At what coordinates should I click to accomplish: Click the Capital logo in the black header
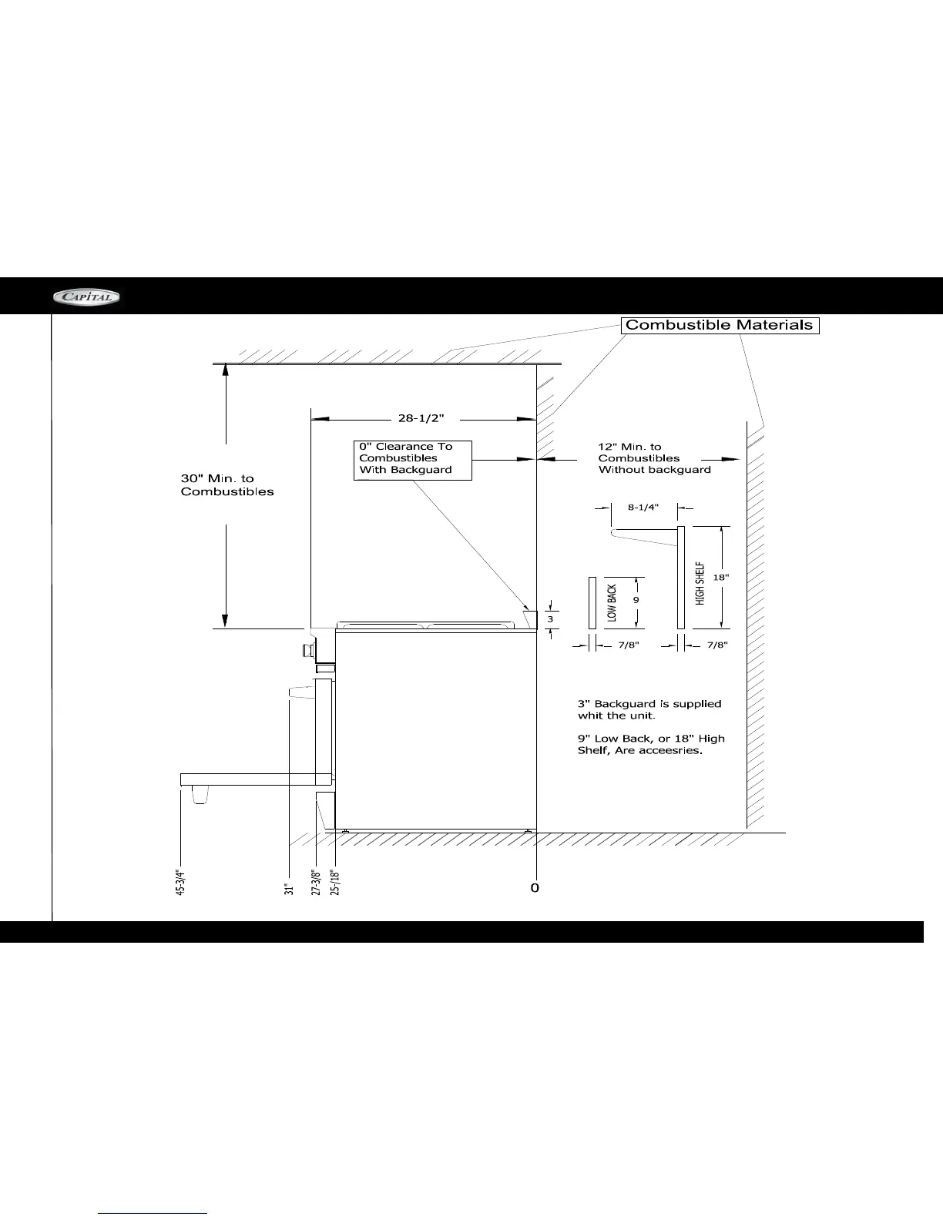pos(86,297)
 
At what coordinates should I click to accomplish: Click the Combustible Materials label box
pos(720,326)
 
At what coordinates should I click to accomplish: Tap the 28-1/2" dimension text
pos(421,418)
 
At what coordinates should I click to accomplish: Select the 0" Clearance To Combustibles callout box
pos(412,461)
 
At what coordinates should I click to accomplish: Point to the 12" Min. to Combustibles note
pos(654,458)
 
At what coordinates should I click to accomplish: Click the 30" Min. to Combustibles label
pos(227,485)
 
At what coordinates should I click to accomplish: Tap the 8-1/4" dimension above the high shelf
pos(643,508)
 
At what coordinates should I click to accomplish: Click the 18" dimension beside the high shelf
pos(721,577)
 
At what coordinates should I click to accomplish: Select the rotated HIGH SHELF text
pos(700,583)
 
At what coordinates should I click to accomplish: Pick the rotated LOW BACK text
pos(612,603)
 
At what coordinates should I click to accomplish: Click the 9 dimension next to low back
pos(636,600)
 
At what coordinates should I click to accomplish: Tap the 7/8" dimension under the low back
pos(629,645)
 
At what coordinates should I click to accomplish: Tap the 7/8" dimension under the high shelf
pos(717,645)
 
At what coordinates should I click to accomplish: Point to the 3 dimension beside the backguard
pos(550,619)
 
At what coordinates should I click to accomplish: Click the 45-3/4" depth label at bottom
pos(180,882)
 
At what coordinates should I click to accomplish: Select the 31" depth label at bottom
pos(289,889)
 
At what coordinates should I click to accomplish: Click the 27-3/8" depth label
pos(316,882)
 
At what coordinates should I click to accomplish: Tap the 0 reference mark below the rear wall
pos(535,887)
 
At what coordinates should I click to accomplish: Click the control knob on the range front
pos(307,650)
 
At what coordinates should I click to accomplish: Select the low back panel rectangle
pos(592,603)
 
